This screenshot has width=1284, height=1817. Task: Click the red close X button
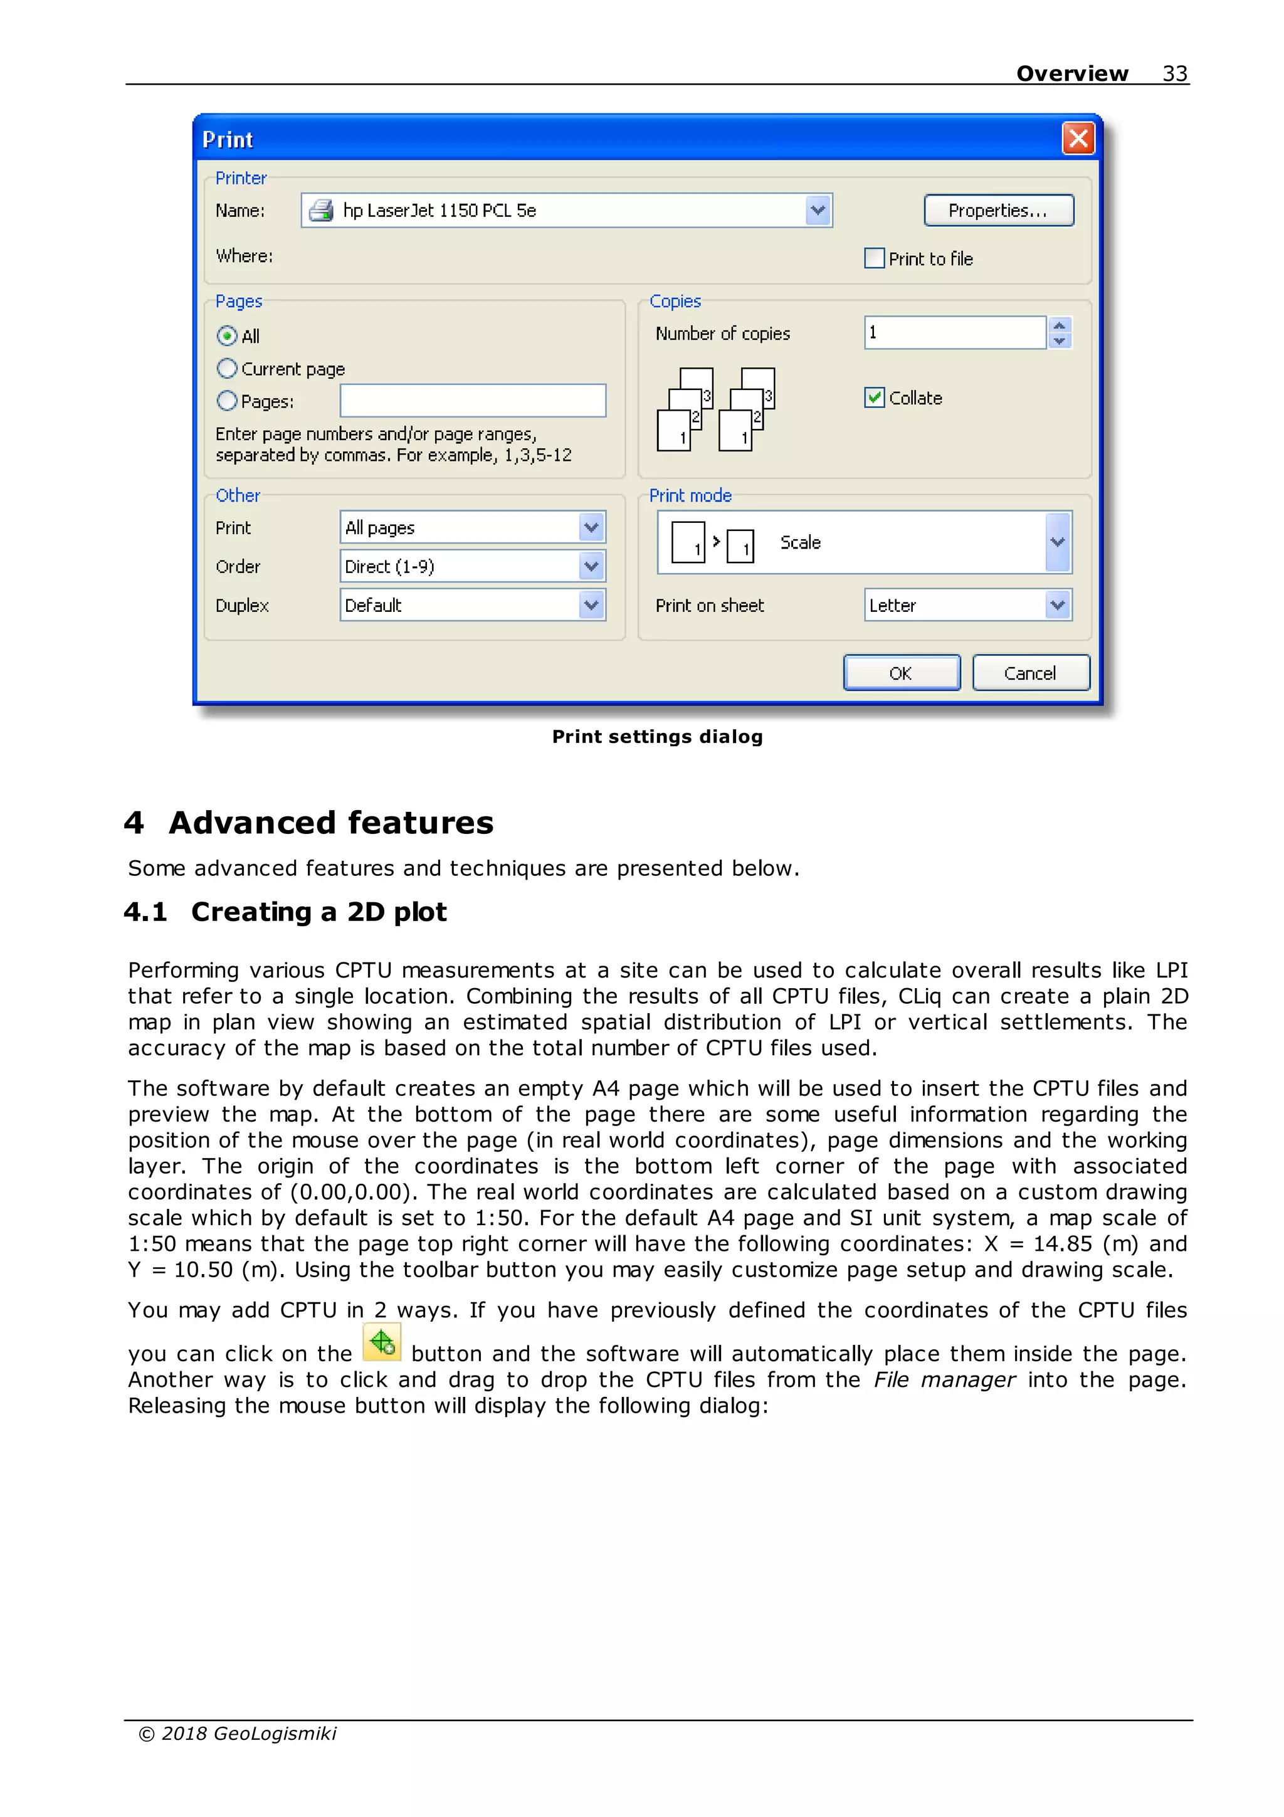tap(1078, 139)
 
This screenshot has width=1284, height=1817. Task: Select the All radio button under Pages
tap(227, 335)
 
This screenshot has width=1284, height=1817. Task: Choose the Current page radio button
tap(227, 368)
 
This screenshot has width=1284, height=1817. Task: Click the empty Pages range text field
tap(472, 401)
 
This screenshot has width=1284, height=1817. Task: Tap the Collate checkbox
tap(874, 398)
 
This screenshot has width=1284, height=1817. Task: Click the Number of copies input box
tap(954, 332)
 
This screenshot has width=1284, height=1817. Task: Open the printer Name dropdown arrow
tap(818, 211)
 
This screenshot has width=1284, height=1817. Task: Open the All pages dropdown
tap(472, 527)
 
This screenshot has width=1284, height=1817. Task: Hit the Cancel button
tap(1030, 673)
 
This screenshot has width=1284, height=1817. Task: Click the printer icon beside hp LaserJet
tap(321, 211)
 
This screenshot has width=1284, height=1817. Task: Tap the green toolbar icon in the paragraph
tap(382, 1342)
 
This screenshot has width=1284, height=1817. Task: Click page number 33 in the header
tap(1174, 73)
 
